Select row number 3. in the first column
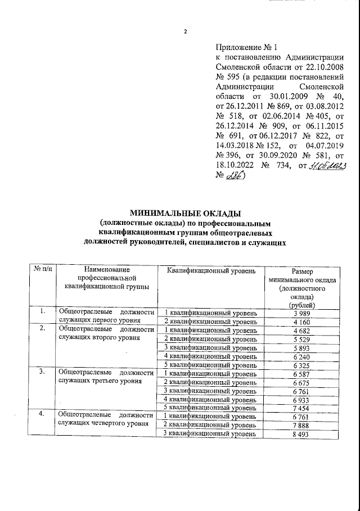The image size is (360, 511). coord(41,372)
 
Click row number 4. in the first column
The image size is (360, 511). coord(41,415)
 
